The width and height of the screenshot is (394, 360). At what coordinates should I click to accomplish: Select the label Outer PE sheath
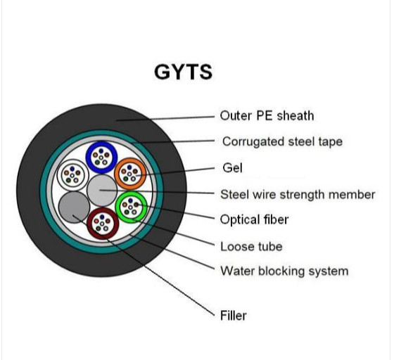pos(267,115)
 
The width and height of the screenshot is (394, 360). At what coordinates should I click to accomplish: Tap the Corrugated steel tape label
pos(282,141)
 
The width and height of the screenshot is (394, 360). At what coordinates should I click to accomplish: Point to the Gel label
pos(231,168)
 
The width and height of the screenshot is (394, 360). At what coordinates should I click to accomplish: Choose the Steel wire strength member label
pos(298,194)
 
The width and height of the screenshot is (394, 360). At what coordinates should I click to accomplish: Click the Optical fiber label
pos(254,220)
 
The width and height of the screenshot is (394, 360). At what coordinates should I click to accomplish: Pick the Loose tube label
pos(251,246)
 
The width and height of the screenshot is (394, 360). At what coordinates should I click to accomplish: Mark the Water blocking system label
pos(284,271)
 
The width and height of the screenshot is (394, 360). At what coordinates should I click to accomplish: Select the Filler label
pos(234,316)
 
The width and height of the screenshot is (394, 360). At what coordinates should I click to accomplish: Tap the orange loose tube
pos(129,172)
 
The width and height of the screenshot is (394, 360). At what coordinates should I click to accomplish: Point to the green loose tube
pos(130,206)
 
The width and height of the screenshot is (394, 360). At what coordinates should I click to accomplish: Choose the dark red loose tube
pos(103,224)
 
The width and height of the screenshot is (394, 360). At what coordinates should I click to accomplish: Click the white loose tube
pos(72,173)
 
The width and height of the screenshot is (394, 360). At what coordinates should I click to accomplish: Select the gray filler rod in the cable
pos(72,207)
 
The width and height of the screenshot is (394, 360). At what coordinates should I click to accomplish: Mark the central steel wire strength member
pos(102,190)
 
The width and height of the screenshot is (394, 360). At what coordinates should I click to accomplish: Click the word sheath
pos(296,115)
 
